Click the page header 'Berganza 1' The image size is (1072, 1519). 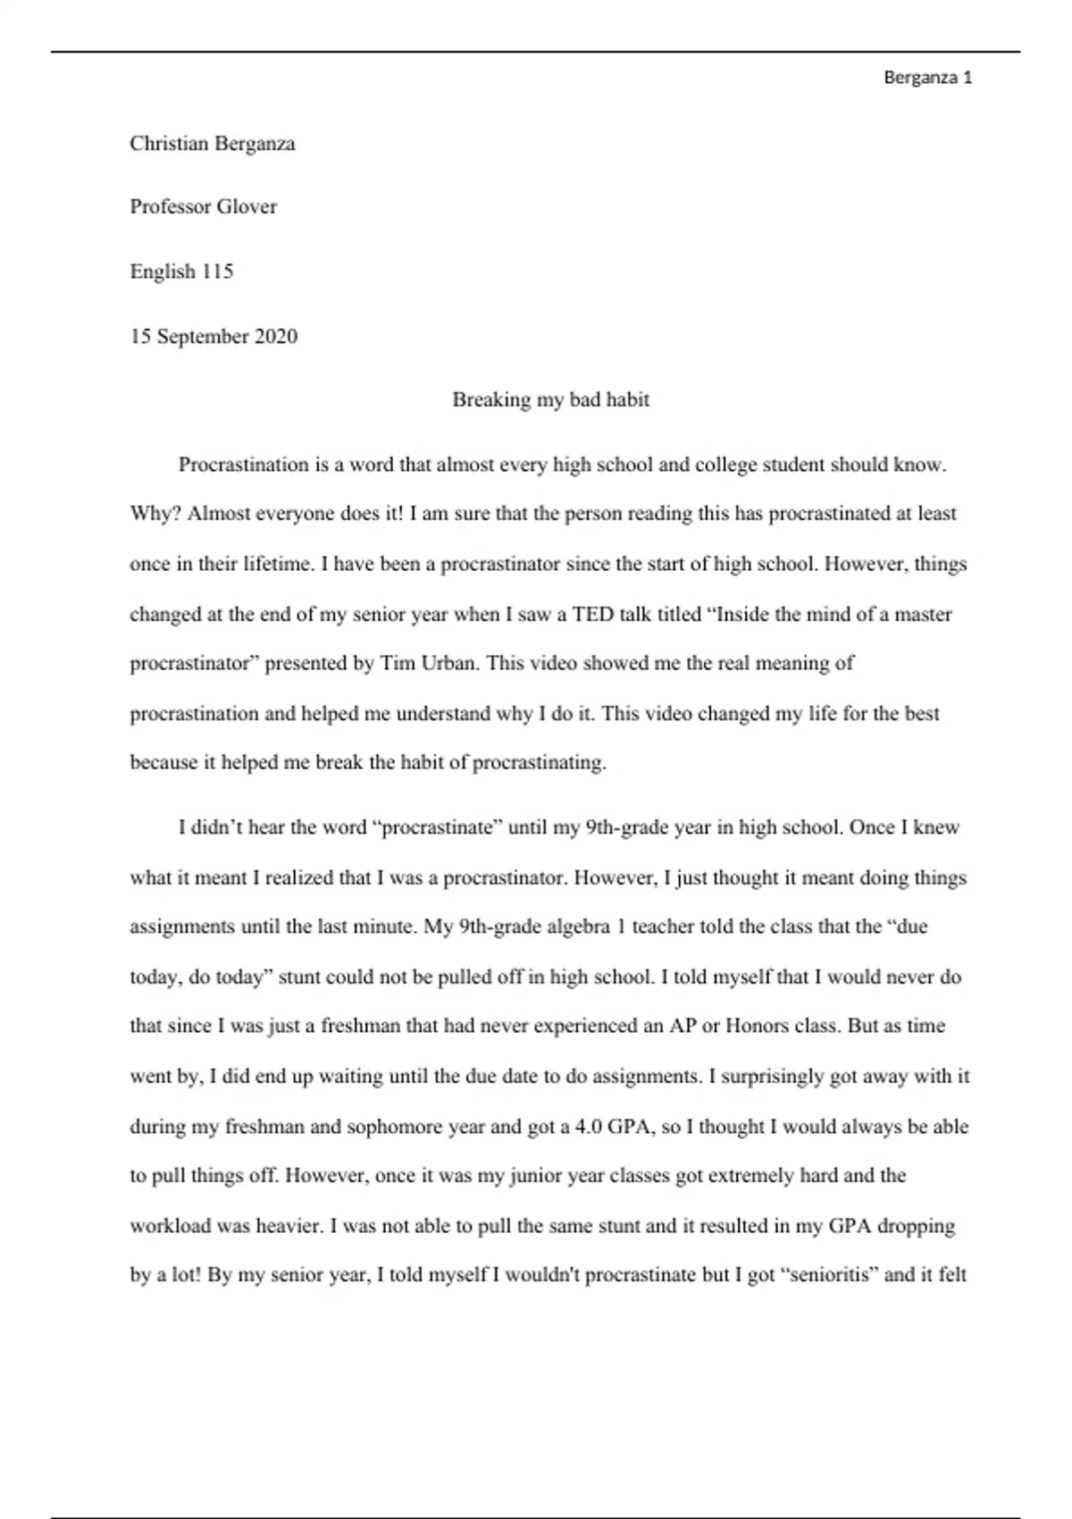(927, 78)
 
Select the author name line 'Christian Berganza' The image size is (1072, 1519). (213, 144)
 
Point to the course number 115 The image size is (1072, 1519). (217, 272)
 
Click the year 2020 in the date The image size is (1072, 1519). (276, 337)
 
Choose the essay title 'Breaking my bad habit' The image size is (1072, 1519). (550, 399)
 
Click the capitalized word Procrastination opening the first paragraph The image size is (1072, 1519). (243, 465)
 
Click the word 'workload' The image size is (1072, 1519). (171, 1226)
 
